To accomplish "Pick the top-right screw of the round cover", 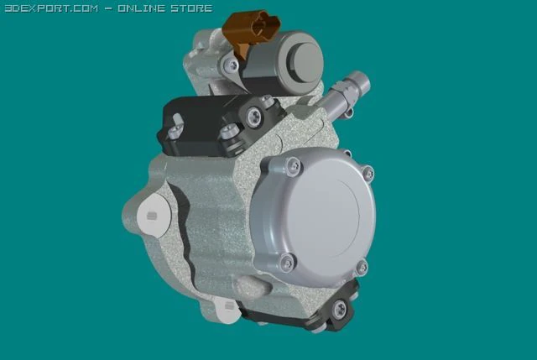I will pos(367,174).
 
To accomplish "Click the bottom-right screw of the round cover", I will pos(362,268).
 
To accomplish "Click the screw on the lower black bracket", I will pos(339,310).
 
